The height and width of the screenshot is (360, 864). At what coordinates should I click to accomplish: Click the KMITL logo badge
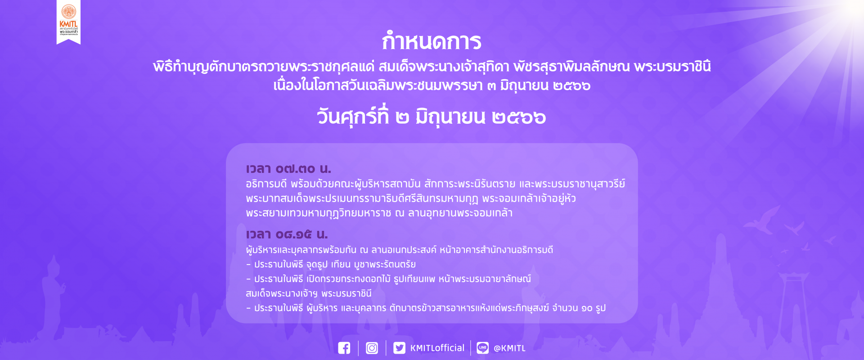(x=68, y=22)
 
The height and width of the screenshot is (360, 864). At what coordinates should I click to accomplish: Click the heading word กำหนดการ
(x=432, y=41)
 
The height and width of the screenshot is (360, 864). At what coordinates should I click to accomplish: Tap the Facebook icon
(x=344, y=348)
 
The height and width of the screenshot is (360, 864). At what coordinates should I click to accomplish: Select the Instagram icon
(x=372, y=348)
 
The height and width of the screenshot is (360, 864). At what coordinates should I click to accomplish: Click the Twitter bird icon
(x=399, y=348)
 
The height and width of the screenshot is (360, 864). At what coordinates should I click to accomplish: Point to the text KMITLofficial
(x=437, y=348)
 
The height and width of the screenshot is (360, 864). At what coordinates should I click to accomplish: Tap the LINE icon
(x=483, y=348)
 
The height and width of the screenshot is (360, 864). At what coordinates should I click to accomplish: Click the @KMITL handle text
(x=509, y=348)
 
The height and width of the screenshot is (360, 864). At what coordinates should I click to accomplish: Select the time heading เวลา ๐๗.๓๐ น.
(x=288, y=169)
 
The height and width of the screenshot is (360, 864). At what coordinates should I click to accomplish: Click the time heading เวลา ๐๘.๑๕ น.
(x=287, y=234)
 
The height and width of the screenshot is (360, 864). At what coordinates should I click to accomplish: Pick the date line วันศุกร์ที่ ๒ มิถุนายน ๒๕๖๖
(x=432, y=117)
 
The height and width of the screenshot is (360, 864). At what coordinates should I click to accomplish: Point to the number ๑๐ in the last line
(x=587, y=308)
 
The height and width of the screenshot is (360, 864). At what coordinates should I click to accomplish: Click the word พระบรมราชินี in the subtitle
(x=672, y=67)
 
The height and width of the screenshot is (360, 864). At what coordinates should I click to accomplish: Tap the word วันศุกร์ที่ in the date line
(x=352, y=117)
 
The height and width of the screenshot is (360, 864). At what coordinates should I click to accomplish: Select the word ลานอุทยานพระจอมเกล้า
(x=460, y=213)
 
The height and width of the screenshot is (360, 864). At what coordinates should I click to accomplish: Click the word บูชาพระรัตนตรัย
(x=385, y=264)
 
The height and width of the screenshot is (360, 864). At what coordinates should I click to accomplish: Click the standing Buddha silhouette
(x=55, y=297)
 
